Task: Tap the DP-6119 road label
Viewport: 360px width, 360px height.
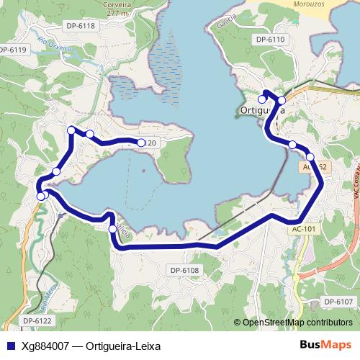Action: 12,50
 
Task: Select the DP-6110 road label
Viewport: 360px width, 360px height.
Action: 271,39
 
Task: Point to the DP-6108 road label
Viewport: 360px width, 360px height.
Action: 184,270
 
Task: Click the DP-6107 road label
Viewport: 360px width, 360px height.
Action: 338,301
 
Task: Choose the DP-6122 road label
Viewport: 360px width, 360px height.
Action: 37,320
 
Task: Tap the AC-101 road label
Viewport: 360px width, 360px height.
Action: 304,230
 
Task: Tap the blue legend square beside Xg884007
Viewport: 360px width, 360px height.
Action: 9,345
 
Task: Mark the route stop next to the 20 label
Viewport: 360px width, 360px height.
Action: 141,143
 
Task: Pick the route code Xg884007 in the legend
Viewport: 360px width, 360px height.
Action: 45,345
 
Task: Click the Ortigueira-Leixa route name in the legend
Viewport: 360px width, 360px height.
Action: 122,345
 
